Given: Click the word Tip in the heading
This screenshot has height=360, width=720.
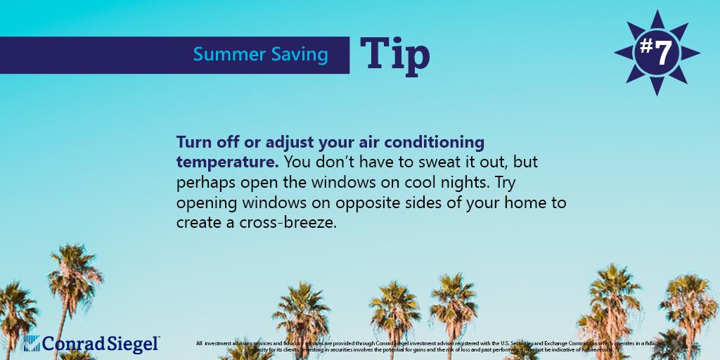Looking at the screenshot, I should pos(395,55).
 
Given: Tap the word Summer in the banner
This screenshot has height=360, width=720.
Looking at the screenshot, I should pos(221,55).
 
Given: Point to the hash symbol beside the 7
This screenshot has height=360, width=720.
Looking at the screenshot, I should pos(644,46).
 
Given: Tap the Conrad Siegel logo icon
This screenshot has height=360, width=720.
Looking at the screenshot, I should pos(32,343).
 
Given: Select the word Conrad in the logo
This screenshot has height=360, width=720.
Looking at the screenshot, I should pos(72,343).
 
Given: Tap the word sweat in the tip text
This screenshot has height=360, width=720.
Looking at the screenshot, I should pos(427,162).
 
